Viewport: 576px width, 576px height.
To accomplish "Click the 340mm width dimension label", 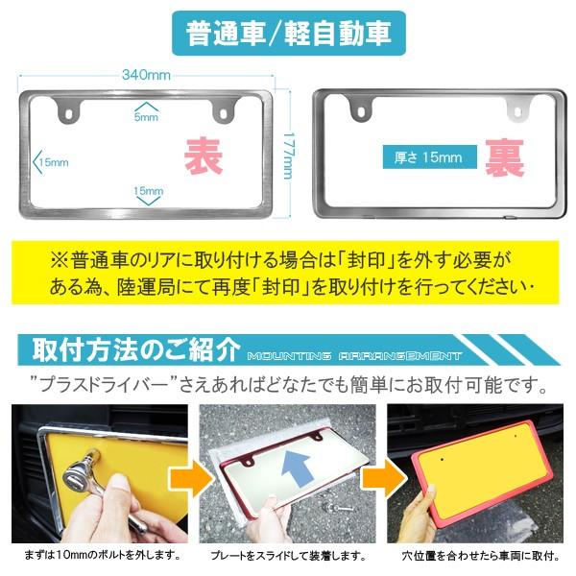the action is pyautogui.click(x=146, y=75).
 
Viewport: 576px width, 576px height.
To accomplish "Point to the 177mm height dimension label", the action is pyautogui.click(x=289, y=156).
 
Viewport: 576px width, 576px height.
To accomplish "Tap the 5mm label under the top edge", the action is pyautogui.click(x=146, y=117).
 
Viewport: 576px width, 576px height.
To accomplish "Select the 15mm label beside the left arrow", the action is pyautogui.click(x=54, y=162).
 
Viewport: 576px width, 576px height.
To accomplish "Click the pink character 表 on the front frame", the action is pyautogui.click(x=204, y=156).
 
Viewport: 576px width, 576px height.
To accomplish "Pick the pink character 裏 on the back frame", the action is pyautogui.click(x=504, y=157).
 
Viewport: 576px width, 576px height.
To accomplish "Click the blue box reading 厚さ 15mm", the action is pyautogui.click(x=430, y=157).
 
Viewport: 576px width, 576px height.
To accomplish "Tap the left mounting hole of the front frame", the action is pyautogui.click(x=68, y=113).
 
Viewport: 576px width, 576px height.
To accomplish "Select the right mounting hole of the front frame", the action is pyautogui.click(x=223, y=112).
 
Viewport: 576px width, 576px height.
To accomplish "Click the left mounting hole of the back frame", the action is pyautogui.click(x=362, y=112).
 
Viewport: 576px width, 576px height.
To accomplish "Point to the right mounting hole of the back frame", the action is pyautogui.click(x=517, y=111).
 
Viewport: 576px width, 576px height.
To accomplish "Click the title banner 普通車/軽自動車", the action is pyautogui.click(x=289, y=34).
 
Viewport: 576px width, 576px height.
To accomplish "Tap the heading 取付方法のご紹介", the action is pyautogui.click(x=136, y=349).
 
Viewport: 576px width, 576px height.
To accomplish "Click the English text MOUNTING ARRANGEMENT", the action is pyautogui.click(x=354, y=356).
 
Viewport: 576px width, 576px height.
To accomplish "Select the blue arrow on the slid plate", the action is pyautogui.click(x=297, y=469).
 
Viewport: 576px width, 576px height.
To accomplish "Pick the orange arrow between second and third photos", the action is pyautogui.click(x=384, y=478).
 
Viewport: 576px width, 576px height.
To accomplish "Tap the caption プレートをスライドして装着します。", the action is pyautogui.click(x=289, y=556).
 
